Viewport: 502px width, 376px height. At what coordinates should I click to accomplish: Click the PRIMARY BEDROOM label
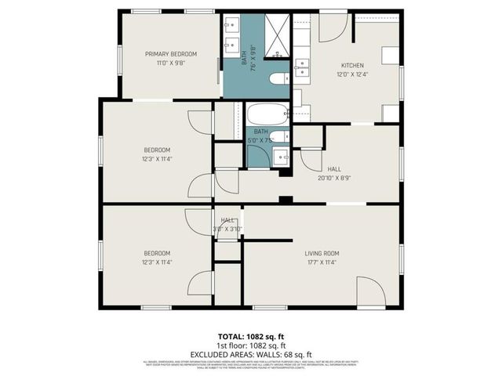170,54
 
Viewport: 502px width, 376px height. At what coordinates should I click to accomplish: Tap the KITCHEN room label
352,65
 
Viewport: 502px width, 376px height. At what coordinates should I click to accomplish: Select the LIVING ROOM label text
322,253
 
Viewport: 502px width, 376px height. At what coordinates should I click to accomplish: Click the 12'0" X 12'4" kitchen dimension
352,74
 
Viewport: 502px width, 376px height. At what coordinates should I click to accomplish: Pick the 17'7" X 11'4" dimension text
322,262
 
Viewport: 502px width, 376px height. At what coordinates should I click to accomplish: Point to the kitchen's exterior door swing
333,28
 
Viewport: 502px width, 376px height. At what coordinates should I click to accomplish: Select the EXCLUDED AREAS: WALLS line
250,354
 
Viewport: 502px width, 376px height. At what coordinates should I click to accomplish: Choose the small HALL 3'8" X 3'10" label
228,225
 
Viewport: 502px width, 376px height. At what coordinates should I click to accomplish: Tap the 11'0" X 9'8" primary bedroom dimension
170,63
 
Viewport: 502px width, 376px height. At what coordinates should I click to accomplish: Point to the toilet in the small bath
284,137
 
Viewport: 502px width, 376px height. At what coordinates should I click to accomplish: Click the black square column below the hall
286,199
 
